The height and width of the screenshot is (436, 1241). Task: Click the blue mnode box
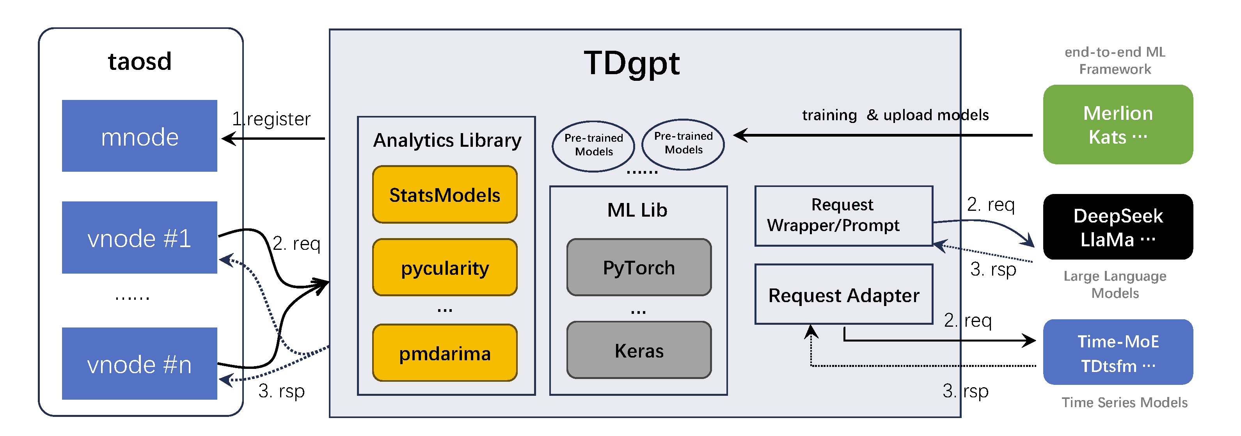139,136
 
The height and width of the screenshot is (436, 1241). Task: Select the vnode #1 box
139,237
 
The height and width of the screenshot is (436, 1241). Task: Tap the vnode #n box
139,364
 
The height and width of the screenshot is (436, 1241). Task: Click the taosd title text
140,62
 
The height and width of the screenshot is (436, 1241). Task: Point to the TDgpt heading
632,63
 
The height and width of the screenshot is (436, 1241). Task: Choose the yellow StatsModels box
445,195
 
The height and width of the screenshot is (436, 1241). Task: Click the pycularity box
445,267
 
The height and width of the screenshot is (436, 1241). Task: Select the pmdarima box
445,353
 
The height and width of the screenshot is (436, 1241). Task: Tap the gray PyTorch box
639,267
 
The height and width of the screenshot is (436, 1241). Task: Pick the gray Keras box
639,350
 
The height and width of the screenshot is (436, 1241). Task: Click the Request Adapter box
843,295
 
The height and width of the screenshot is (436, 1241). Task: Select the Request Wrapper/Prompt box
843,215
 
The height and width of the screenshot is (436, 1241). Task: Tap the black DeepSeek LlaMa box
1118,227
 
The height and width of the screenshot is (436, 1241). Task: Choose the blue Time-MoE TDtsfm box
1118,352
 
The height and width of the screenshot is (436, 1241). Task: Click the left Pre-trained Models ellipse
593,146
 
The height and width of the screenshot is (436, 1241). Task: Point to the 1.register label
271,119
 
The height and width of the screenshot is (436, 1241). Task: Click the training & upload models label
895,115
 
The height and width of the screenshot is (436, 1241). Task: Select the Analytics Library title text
447,140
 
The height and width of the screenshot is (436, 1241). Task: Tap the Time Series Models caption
1124,402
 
